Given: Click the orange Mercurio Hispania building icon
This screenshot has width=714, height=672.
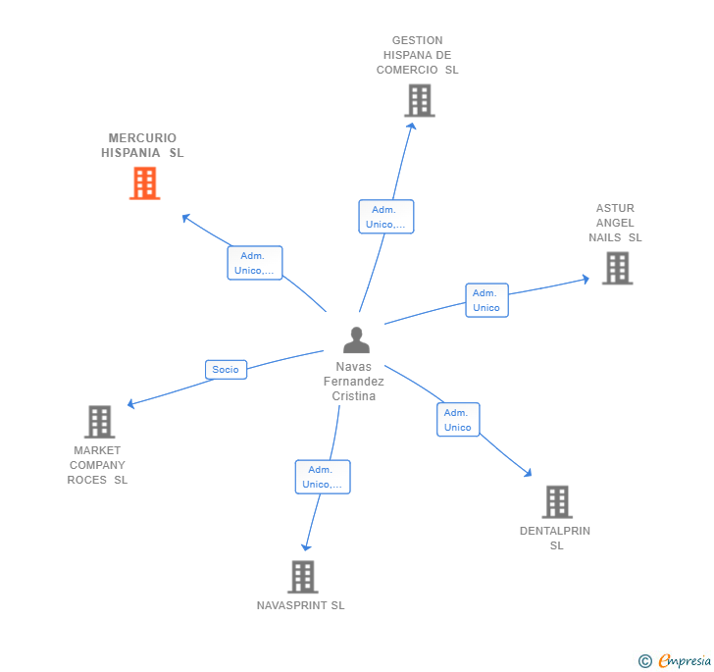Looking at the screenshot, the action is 144,183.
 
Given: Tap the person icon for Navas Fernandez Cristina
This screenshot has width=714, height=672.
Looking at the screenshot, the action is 356,339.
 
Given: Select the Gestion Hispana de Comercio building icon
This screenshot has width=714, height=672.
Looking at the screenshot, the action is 419,100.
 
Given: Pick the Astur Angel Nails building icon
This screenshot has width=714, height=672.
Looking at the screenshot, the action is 617,268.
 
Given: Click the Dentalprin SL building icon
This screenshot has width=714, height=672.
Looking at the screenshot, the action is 557,501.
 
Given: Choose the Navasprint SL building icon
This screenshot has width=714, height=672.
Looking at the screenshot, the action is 302,577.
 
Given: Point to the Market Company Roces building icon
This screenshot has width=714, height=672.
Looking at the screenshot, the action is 99,422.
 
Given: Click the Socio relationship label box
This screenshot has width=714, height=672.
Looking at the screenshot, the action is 226,370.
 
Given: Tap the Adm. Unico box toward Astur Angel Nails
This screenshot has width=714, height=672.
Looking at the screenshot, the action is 486,300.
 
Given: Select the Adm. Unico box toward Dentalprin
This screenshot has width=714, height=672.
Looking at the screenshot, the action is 458,420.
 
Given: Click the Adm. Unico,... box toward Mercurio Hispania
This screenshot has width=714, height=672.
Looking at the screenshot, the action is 255,263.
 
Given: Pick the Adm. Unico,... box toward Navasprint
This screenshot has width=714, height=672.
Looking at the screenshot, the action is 323,477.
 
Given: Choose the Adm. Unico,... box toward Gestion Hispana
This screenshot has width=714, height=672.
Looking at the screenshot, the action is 386,217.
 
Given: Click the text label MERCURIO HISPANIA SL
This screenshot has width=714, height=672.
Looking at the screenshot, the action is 142,145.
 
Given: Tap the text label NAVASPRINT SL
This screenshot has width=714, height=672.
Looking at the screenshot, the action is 300,605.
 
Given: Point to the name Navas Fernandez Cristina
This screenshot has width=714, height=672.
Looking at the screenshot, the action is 354,382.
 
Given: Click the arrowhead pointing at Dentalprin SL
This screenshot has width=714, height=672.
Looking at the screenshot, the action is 529,474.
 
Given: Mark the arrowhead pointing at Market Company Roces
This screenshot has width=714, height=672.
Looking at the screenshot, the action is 131,403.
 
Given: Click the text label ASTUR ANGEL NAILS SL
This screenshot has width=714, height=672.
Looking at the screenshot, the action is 615,223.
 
